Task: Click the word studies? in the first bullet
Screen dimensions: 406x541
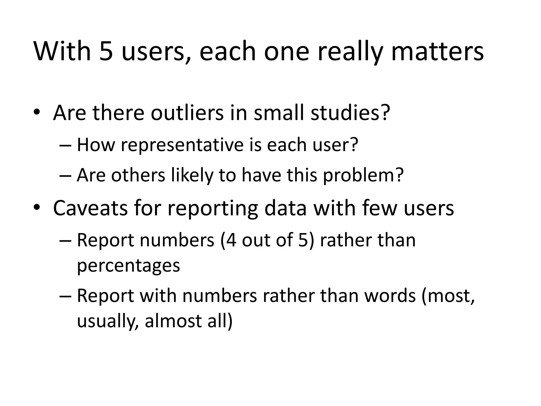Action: click(350, 113)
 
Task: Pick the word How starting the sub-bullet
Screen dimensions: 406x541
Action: click(96, 145)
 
